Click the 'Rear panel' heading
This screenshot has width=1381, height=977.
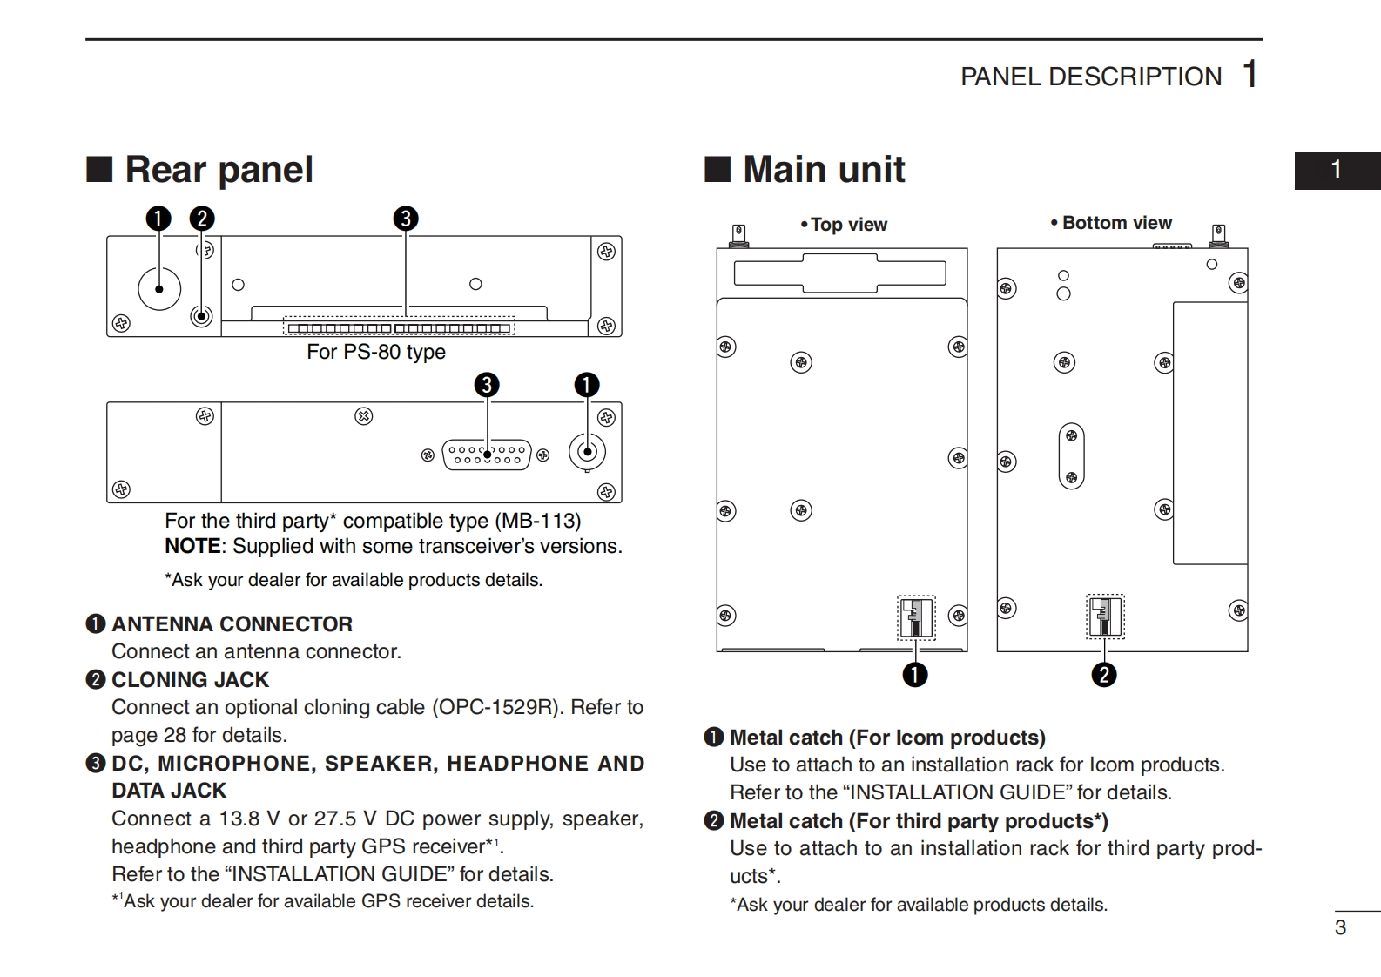(x=219, y=169)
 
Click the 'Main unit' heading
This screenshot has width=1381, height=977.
(x=823, y=169)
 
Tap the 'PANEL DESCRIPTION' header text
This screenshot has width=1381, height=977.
(x=1090, y=77)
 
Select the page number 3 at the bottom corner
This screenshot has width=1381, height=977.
(x=1340, y=927)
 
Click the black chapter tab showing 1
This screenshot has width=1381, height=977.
(x=1337, y=170)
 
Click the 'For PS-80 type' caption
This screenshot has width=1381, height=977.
(x=376, y=352)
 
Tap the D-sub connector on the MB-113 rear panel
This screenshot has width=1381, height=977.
(x=487, y=455)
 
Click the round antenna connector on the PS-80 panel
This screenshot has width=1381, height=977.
(x=159, y=288)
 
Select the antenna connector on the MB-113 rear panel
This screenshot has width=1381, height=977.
(x=587, y=451)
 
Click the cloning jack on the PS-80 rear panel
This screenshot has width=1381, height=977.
(x=201, y=316)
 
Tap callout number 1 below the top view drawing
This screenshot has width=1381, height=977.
(x=914, y=674)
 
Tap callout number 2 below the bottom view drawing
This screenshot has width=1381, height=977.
(x=1103, y=674)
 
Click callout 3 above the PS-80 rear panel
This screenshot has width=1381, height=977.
(x=405, y=219)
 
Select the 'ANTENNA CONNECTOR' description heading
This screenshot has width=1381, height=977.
(x=232, y=624)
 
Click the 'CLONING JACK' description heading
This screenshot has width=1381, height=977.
(x=190, y=680)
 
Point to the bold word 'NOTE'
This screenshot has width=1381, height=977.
(x=192, y=546)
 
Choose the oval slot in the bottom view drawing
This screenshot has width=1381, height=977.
(x=1071, y=456)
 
